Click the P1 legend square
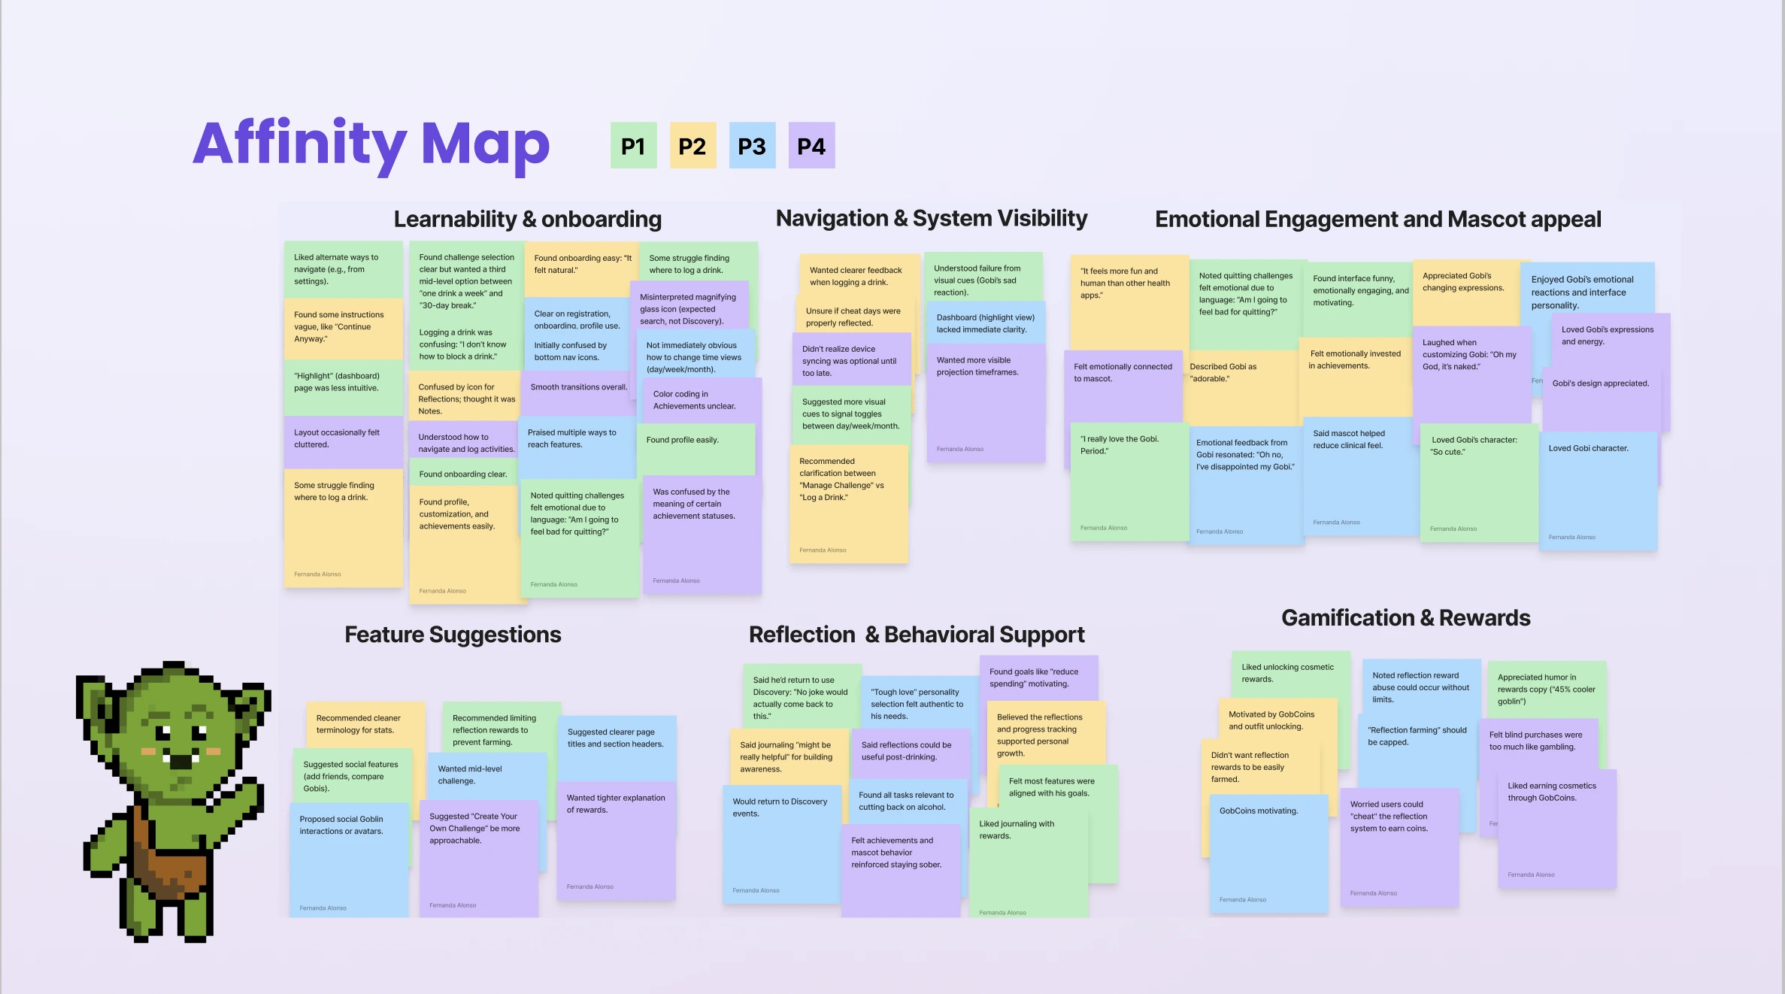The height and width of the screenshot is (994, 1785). (633, 146)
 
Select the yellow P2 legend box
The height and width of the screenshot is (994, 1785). (692, 146)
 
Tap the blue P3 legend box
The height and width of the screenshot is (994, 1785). (752, 146)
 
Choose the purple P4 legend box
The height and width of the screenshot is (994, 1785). (811, 146)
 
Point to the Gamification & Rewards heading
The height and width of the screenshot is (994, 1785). (1405, 618)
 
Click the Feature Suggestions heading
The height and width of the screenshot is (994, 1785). (453, 635)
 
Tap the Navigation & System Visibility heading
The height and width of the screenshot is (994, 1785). (932, 218)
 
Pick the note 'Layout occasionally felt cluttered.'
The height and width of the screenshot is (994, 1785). (342, 440)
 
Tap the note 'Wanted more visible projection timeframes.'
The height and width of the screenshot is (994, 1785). (985, 399)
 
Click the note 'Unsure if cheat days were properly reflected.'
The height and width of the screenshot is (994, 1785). (853, 317)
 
